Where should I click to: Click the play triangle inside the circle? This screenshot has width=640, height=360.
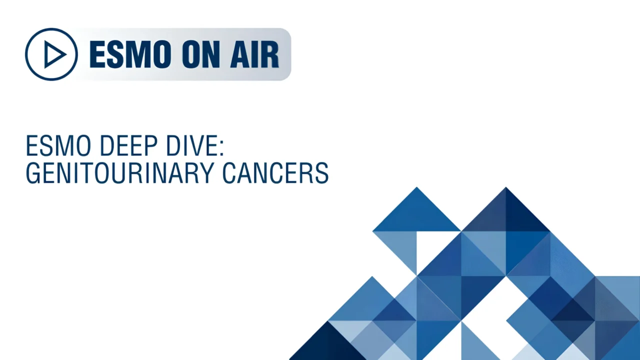point(53,54)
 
